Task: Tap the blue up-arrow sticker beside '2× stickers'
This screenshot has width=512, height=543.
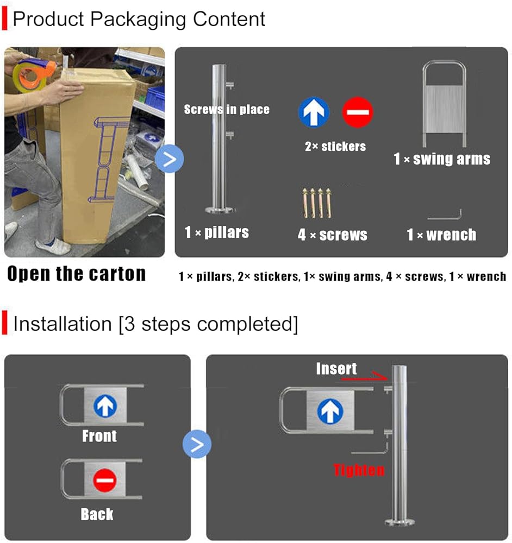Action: pos(314,112)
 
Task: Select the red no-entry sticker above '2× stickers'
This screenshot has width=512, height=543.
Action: pos(358,112)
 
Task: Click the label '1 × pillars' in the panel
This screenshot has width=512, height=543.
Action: pos(217,232)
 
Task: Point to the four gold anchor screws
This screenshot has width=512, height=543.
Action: pos(317,203)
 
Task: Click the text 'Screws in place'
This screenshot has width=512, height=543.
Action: pos(227,110)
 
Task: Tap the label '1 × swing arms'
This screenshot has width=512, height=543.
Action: pos(442,159)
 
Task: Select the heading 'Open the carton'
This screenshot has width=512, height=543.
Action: pos(77,274)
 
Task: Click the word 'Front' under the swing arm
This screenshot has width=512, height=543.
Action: pos(99,436)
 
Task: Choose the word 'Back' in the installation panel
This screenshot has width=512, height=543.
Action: pos(97,514)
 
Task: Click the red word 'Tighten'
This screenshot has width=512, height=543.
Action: pos(359,470)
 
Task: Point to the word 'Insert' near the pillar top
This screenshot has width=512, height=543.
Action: pos(336,369)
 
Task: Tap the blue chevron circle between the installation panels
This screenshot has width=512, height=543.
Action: pos(197,444)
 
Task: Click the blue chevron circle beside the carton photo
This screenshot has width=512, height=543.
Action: pos(170,159)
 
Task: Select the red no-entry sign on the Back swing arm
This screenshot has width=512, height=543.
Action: pos(105,481)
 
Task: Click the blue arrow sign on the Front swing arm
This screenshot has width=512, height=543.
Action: pos(105,406)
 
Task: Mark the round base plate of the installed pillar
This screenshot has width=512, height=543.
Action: pos(399,522)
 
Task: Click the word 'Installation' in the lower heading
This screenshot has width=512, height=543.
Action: pos(63,324)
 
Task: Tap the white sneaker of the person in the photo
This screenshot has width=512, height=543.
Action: pos(54,246)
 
